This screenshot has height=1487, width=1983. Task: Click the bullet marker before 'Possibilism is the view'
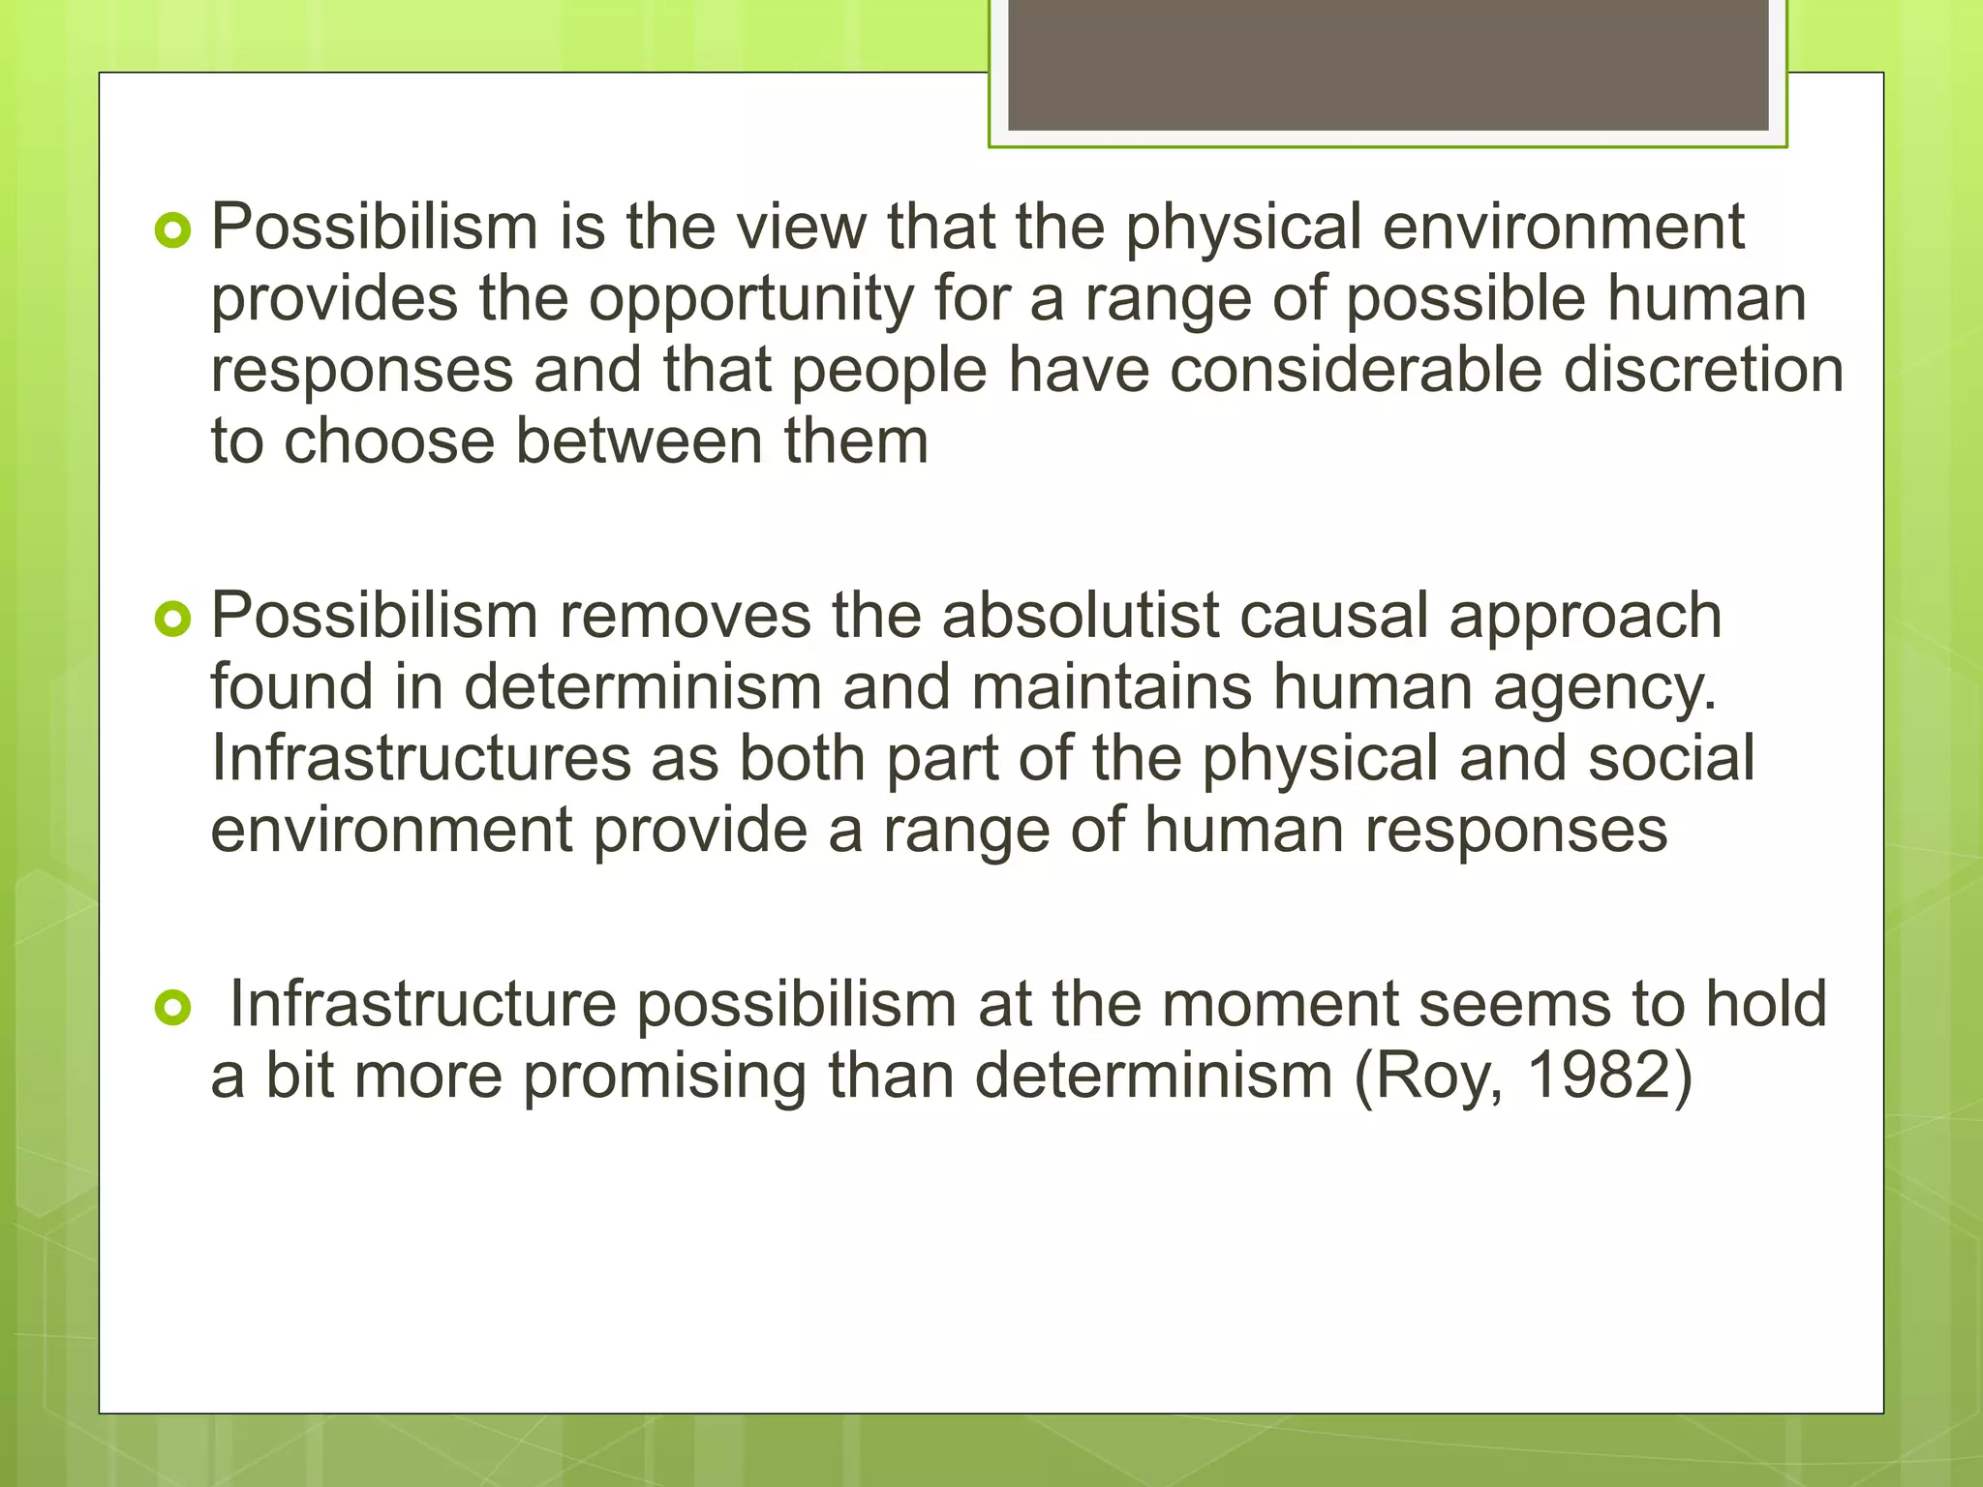pos(173,230)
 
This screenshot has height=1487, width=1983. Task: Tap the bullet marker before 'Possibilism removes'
pos(173,620)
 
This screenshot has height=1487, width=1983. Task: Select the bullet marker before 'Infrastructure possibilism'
pos(173,1009)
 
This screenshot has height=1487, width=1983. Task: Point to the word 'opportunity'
pos(751,300)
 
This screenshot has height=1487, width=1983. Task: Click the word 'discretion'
pos(1703,370)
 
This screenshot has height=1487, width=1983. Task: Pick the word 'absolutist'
pos(1081,616)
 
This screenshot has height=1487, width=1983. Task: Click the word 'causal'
pos(1334,616)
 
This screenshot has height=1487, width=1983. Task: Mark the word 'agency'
pos(1604,689)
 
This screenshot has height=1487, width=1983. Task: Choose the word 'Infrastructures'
pos(421,759)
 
